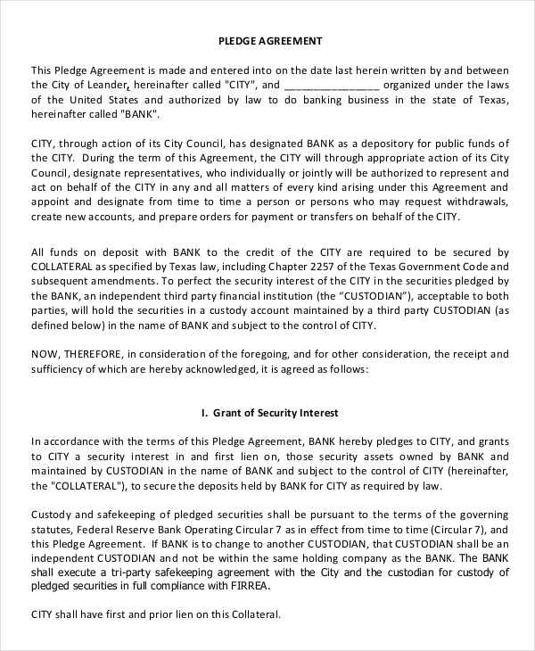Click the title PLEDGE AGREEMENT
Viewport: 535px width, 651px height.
[270, 41]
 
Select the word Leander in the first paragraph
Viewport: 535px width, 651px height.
[110, 86]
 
